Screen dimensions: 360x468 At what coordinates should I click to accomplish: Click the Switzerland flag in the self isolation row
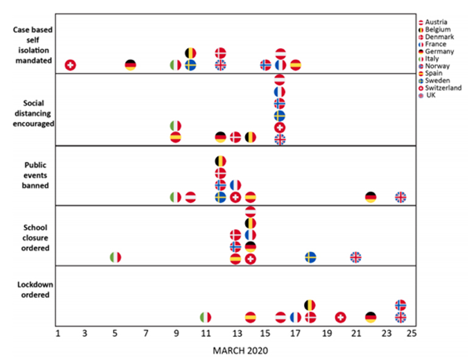tap(70, 64)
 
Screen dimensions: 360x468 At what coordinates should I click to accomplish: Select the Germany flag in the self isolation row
tap(131, 64)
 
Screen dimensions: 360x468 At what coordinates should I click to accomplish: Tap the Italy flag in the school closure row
tap(115, 257)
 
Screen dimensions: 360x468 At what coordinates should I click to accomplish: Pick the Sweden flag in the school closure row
tap(310, 257)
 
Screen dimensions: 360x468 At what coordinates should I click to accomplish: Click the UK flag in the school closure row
tap(356, 257)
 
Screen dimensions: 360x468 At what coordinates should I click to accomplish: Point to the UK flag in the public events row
tap(401, 196)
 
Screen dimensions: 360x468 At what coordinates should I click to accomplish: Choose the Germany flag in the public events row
tap(371, 196)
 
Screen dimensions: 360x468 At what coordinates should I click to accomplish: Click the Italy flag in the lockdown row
tap(205, 317)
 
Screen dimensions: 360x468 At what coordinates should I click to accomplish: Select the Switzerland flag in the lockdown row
tap(340, 317)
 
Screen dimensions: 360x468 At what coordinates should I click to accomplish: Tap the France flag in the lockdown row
tap(295, 317)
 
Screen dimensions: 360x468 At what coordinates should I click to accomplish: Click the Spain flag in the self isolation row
tap(295, 64)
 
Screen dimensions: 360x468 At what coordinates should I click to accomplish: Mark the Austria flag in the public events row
tap(190, 196)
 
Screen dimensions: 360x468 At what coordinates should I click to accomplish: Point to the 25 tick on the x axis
tap(411, 334)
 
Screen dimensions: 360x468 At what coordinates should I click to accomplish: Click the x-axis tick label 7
tap(146, 334)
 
